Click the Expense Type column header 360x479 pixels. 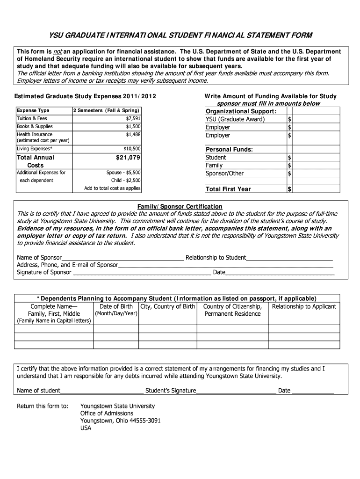(33, 111)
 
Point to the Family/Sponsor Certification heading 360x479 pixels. (180, 207)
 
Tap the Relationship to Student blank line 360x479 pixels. (289, 258)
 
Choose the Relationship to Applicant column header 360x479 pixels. (304, 307)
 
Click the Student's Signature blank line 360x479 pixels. (236, 391)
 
